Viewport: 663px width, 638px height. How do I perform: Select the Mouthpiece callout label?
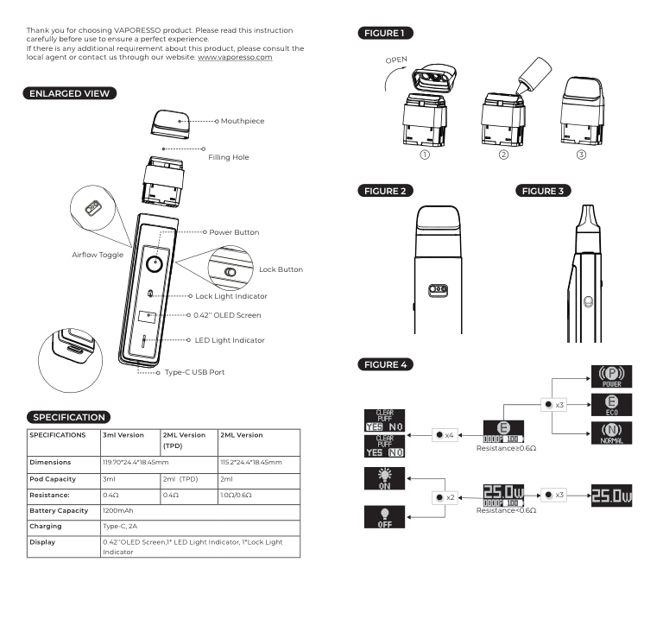[243, 121]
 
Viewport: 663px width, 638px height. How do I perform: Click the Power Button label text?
[234, 232]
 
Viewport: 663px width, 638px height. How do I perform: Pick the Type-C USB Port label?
[195, 373]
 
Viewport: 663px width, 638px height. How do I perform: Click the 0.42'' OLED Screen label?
[227, 315]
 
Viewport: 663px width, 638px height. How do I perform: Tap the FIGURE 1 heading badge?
[385, 34]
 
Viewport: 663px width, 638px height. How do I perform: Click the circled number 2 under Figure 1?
[503, 155]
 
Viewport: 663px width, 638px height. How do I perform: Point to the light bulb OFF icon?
[383, 516]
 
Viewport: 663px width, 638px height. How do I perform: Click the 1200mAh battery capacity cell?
[121, 510]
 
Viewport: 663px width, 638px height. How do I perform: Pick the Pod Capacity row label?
[51, 479]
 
